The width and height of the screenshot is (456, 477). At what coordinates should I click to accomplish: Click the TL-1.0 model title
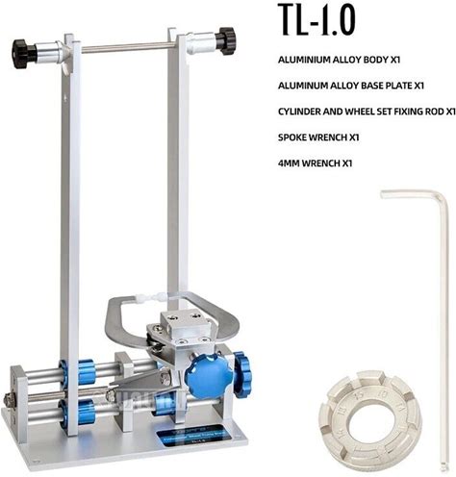click(317, 19)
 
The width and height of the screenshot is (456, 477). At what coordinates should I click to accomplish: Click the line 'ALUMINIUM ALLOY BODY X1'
click(339, 60)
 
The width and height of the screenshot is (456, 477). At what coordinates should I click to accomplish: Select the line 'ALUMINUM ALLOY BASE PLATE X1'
click(351, 86)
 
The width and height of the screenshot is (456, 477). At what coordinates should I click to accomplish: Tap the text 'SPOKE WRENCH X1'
click(318, 138)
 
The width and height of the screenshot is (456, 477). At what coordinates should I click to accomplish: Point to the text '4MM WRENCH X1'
click(315, 163)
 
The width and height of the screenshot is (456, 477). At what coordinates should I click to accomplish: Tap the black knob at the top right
click(225, 40)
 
